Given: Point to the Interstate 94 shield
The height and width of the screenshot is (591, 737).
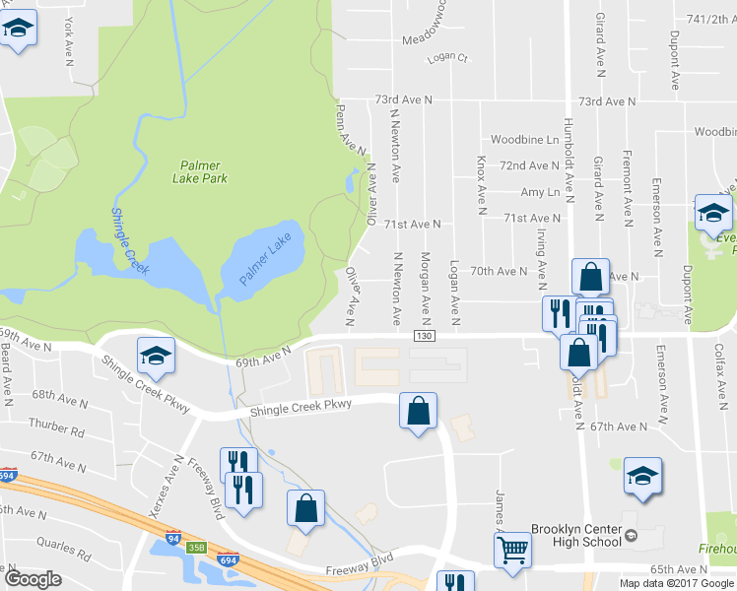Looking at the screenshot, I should pyautogui.click(x=173, y=540).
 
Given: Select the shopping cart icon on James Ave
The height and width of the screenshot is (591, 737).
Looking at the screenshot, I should pyautogui.click(x=512, y=552).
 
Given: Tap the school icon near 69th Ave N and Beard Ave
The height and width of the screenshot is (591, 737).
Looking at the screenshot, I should pyautogui.click(x=156, y=356).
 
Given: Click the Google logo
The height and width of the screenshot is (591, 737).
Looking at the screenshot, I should pyautogui.click(x=33, y=579).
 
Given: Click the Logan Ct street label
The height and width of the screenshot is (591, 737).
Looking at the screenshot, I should pyautogui.click(x=446, y=58).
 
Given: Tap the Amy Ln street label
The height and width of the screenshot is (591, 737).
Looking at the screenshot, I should pyautogui.click(x=539, y=192).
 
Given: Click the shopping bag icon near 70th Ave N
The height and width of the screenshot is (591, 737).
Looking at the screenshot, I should pyautogui.click(x=589, y=277).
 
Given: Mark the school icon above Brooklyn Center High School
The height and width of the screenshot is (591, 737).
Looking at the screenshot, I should pyautogui.click(x=642, y=477).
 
